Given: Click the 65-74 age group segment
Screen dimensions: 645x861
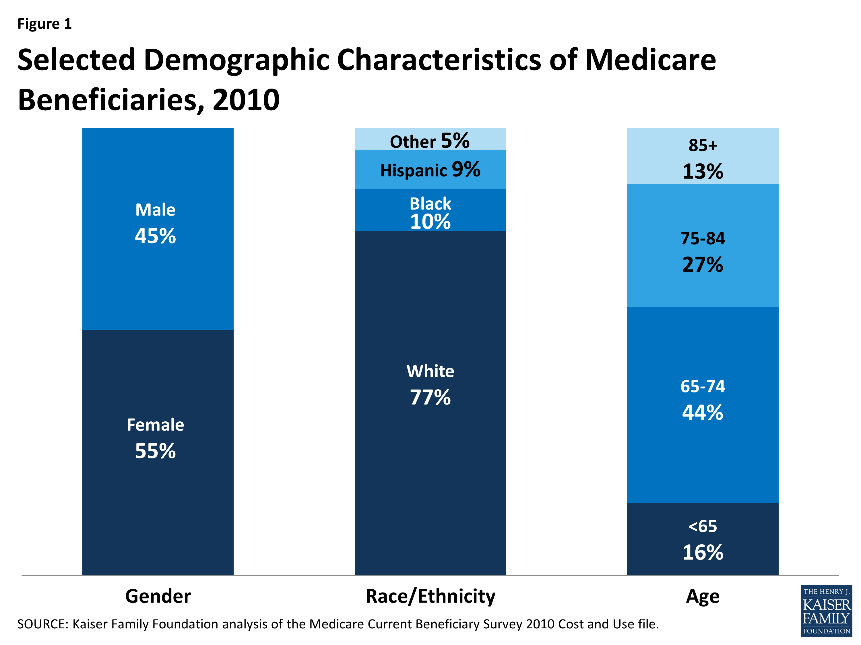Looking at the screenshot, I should coord(703,447).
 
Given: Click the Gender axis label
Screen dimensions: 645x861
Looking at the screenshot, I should coord(158,596).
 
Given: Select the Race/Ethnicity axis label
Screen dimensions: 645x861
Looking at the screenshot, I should coord(430,596).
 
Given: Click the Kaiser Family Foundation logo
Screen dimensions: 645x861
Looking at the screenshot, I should coord(826,610).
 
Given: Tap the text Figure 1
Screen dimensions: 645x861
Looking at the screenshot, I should coord(44,24).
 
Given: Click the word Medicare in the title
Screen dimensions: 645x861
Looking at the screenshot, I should coord(650,60).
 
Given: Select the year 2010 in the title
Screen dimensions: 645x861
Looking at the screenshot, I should coord(246,100).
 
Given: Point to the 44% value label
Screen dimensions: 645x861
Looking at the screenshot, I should coord(703,413).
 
